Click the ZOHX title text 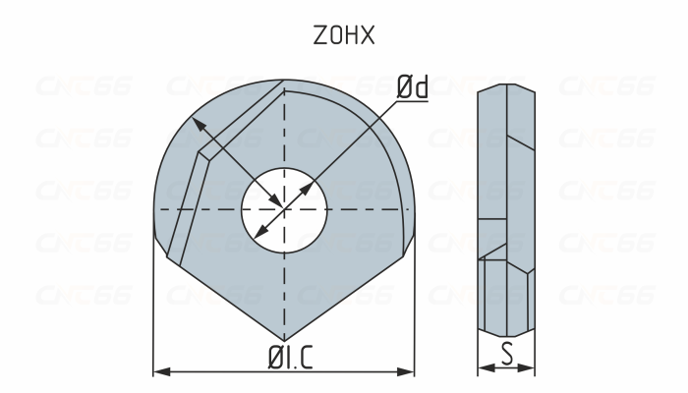point(343,36)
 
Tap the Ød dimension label point(413,87)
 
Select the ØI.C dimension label point(284,358)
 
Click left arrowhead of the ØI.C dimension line point(160,371)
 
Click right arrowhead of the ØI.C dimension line point(408,371)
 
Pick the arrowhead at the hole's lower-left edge point(258,235)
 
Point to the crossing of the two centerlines point(284,209)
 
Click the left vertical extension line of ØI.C point(154,305)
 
